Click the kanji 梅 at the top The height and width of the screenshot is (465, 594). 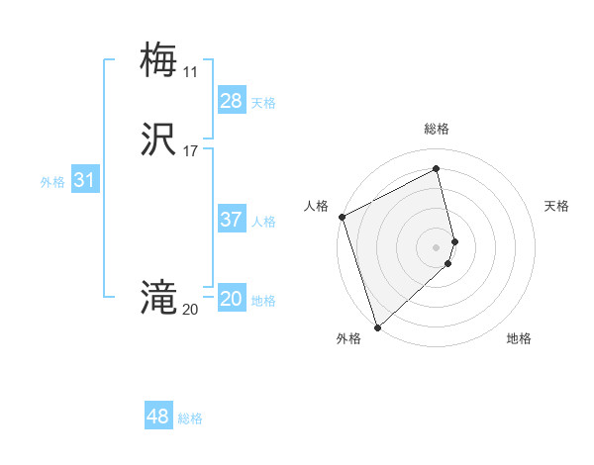pyautogui.click(x=158, y=59)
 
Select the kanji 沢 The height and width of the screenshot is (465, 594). pyautogui.click(x=158, y=139)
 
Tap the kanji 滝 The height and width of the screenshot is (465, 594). pyautogui.click(x=158, y=297)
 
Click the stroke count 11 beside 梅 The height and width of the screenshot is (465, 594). pyautogui.click(x=190, y=71)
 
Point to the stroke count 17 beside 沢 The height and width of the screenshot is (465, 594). pyautogui.click(x=191, y=151)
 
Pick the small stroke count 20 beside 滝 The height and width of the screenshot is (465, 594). pyautogui.click(x=190, y=310)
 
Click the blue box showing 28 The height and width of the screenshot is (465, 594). pyautogui.click(x=232, y=101)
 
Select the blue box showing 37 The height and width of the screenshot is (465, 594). pyautogui.click(x=232, y=220)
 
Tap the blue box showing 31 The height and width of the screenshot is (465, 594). pyautogui.click(x=84, y=181)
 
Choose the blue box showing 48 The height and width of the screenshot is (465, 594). pyautogui.click(x=158, y=417)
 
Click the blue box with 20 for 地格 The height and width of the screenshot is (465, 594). pyautogui.click(x=232, y=299)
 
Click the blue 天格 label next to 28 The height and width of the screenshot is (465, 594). pyautogui.click(x=263, y=103)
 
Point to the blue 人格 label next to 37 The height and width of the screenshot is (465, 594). pyautogui.click(x=263, y=222)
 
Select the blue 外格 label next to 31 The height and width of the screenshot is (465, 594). pyautogui.click(x=52, y=182)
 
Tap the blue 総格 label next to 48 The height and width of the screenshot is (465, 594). pyautogui.click(x=190, y=418)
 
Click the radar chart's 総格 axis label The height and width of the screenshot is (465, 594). pyautogui.click(x=437, y=129)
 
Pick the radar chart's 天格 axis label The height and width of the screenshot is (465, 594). pyautogui.click(x=557, y=206)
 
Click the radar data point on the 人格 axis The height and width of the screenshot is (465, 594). pyautogui.click(x=342, y=217)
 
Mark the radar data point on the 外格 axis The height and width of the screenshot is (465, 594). pyautogui.click(x=377, y=326)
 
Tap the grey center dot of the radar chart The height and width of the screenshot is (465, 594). pyautogui.click(x=437, y=246)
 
